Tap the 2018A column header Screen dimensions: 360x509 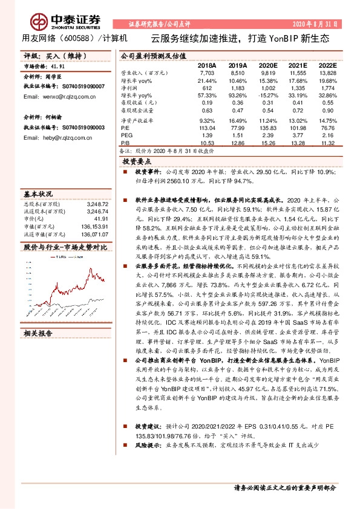(x=207, y=65)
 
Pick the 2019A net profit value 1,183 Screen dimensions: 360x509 (x=238, y=88)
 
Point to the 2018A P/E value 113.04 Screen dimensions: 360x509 (x=207, y=128)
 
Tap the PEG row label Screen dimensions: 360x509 (x=126, y=136)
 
